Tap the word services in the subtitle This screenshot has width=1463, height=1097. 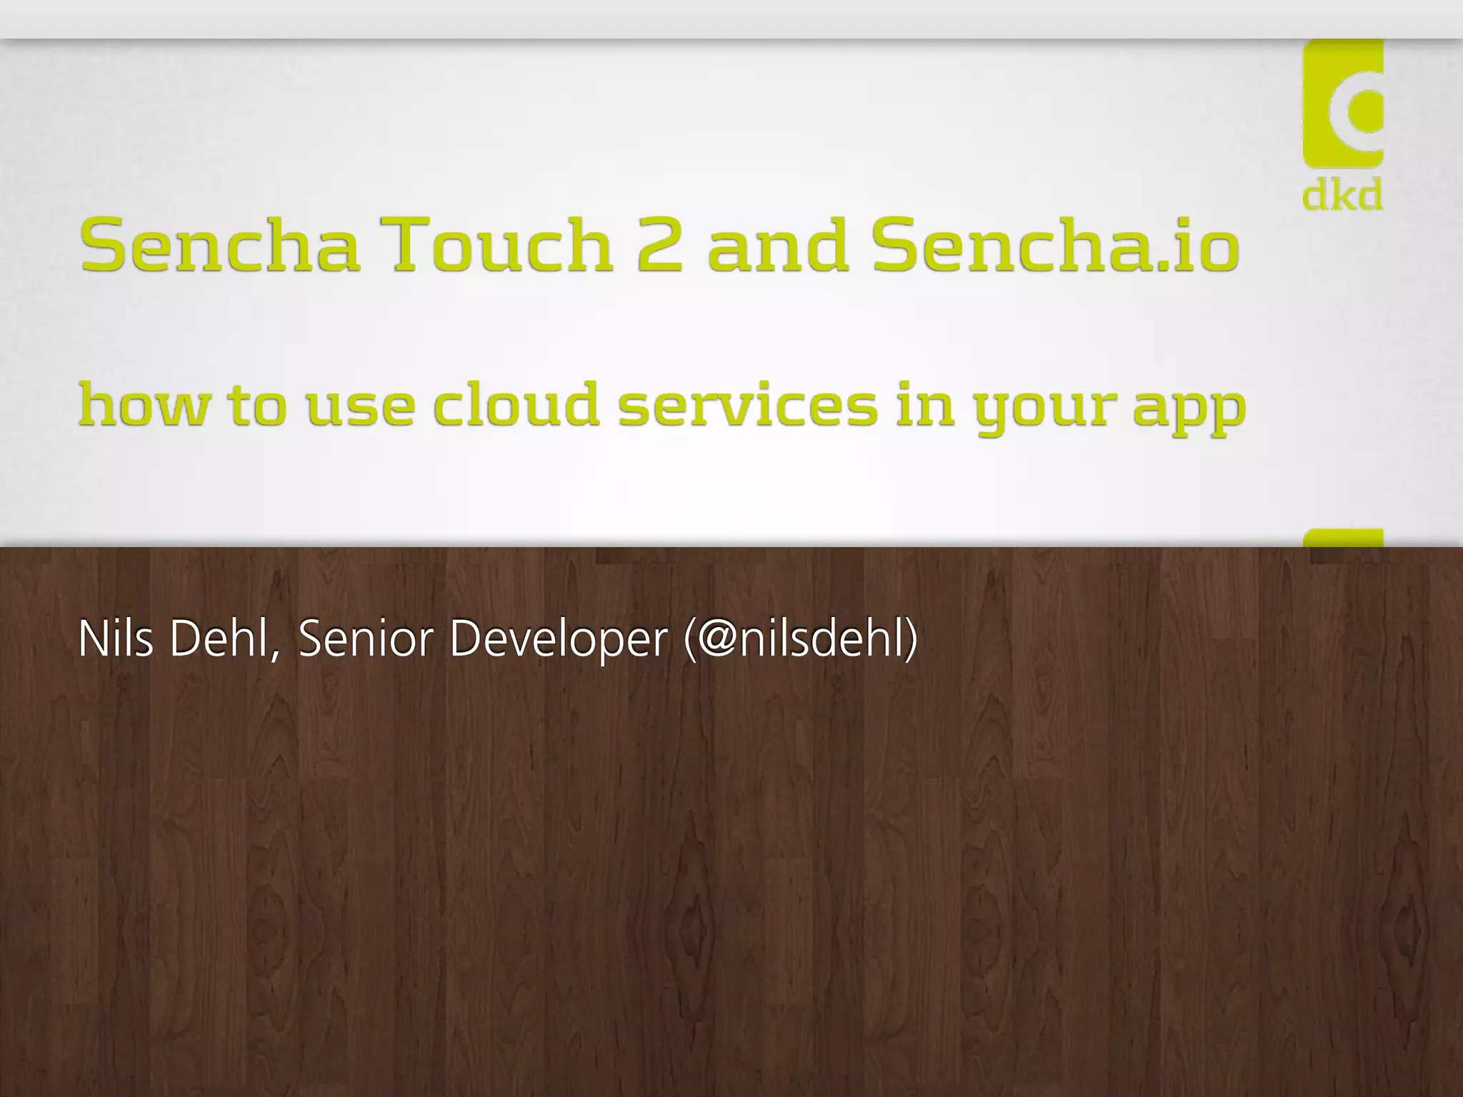coord(747,405)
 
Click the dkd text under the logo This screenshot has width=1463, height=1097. coord(1342,196)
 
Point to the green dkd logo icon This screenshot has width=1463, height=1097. coord(1343,104)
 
